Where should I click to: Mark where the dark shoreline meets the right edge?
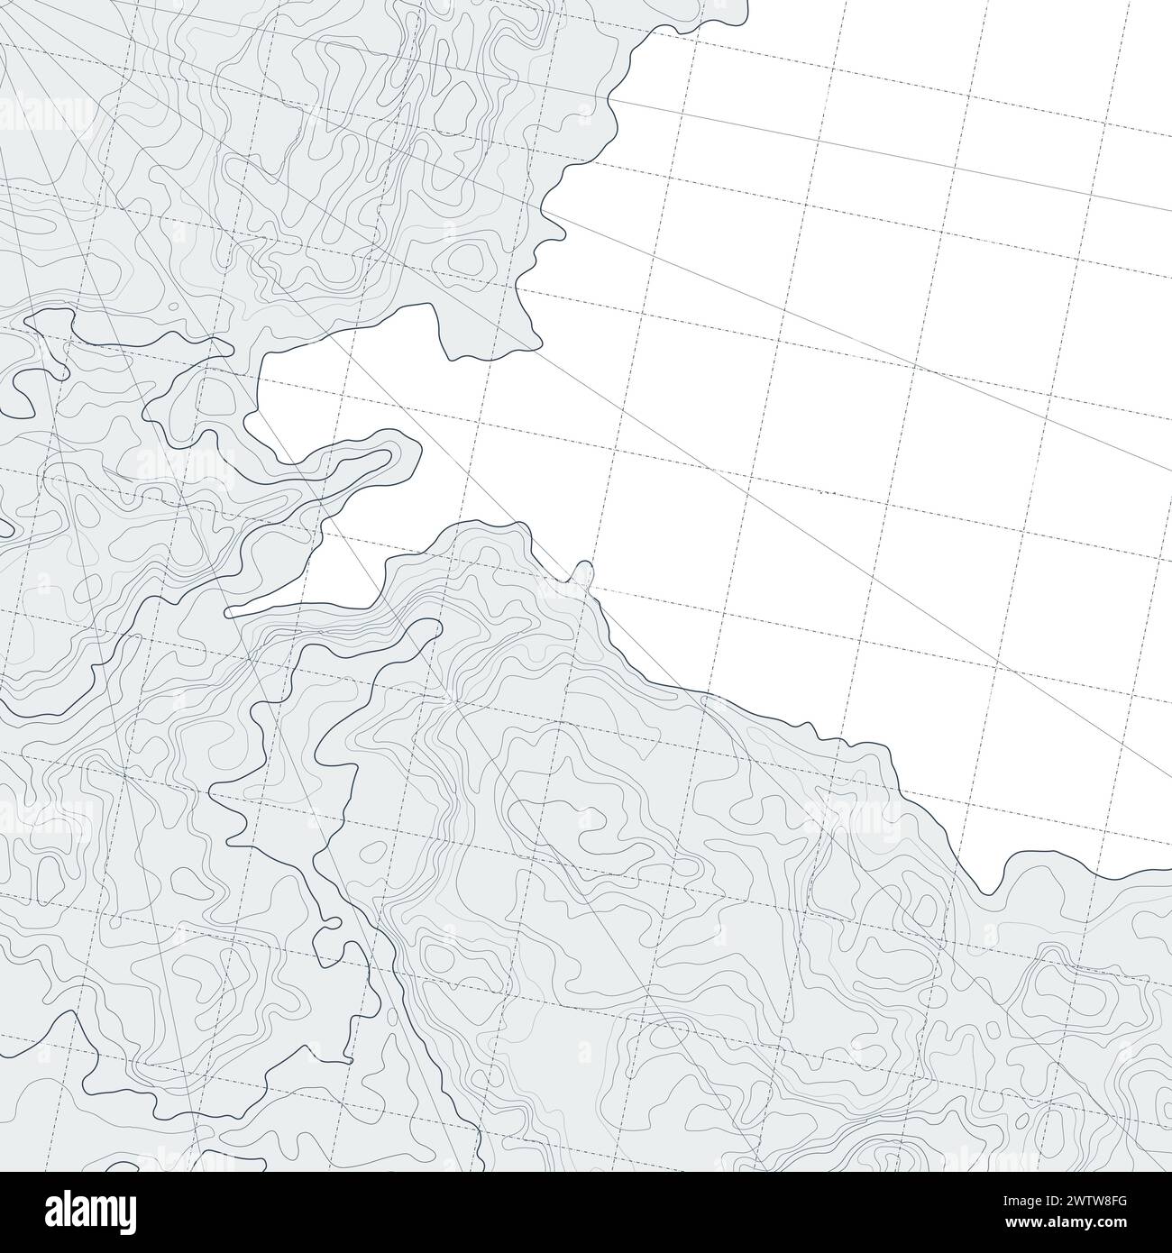(x=1168, y=872)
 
